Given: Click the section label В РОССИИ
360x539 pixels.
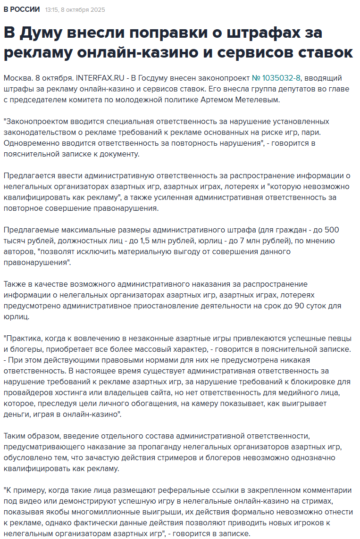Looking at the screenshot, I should (22, 9).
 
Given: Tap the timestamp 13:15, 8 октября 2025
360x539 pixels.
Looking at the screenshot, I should (75, 10).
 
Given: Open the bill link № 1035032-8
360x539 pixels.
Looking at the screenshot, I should (276, 78).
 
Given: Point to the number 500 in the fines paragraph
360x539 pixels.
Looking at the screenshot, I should (333, 230).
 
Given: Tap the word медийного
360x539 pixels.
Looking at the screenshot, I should (305, 393).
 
